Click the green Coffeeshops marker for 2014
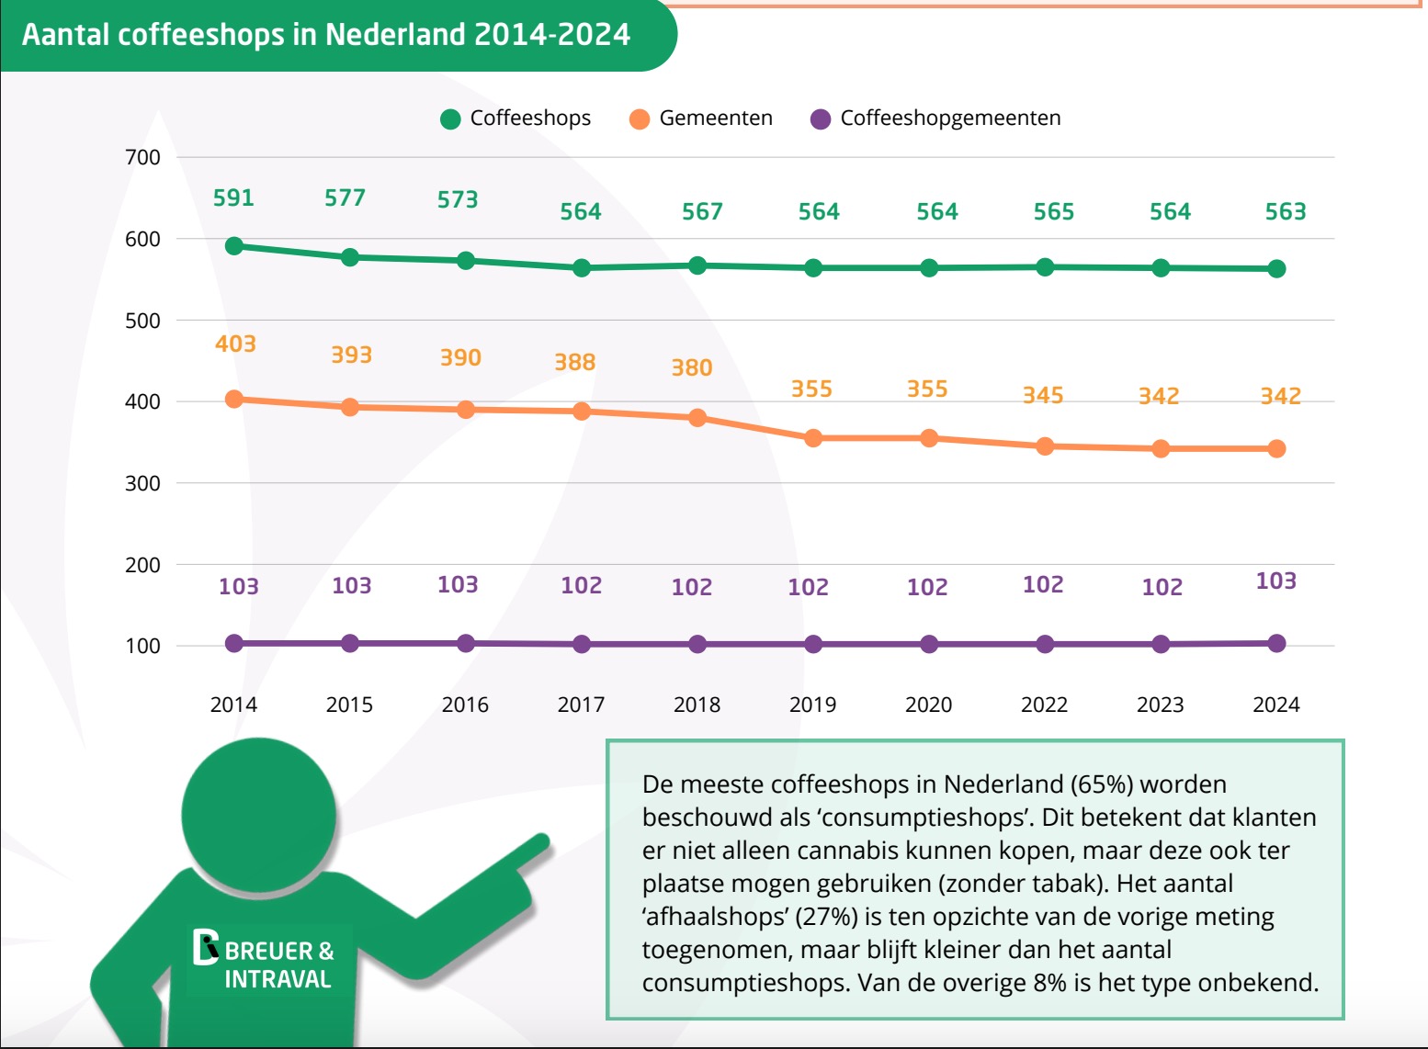[x=234, y=246]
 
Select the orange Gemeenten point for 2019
[x=813, y=438]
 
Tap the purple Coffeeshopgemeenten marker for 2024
[x=1276, y=643]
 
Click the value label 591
[x=233, y=197]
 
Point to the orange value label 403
[x=235, y=344]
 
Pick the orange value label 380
[x=692, y=367]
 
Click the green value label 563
[x=1286, y=211]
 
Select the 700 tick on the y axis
[x=142, y=157]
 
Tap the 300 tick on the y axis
[x=142, y=483]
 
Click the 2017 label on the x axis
[x=581, y=705]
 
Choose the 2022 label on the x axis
[x=1044, y=705]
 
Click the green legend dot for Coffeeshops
[x=450, y=118]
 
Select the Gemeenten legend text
[x=716, y=118]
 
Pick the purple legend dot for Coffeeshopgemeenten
[x=821, y=118]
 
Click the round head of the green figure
[x=258, y=813]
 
